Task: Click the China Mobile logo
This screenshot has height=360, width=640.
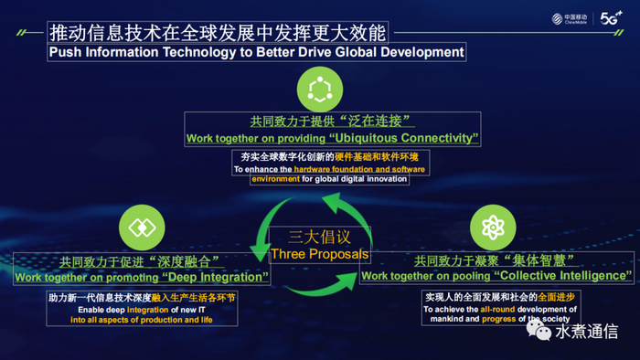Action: [570, 19]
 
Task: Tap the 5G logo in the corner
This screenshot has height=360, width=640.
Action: [611, 18]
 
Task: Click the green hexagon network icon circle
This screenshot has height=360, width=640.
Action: [320, 90]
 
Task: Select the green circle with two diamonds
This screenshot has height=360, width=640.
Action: [142, 228]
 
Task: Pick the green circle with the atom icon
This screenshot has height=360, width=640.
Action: [493, 228]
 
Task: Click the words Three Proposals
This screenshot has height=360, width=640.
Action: [320, 254]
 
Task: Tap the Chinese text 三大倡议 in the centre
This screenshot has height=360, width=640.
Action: [319, 237]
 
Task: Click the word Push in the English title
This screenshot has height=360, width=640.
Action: [65, 52]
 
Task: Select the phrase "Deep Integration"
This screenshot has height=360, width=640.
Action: [215, 277]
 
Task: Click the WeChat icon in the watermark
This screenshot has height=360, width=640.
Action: [539, 330]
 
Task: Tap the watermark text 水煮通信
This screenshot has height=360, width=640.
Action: [587, 332]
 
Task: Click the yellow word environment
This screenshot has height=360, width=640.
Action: [275, 179]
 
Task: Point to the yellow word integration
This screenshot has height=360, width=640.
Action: [148, 310]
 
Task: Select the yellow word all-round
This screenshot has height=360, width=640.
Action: [497, 310]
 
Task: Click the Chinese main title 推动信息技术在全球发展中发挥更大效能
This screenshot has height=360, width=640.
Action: [218, 33]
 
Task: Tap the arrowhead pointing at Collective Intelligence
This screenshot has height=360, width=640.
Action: [348, 281]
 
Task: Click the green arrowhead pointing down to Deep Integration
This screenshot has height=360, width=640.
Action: [259, 252]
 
